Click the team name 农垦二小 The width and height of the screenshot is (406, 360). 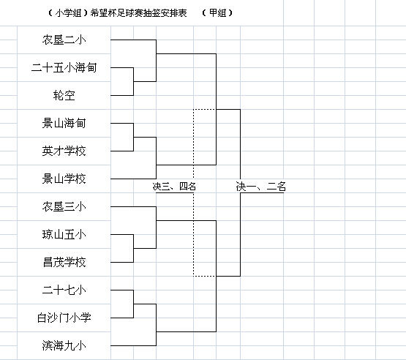point(64,40)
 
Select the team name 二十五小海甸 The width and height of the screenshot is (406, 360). point(64,67)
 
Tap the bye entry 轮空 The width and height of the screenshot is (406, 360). point(64,95)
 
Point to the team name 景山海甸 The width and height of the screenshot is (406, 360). point(64,123)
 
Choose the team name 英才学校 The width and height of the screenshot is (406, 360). point(64,151)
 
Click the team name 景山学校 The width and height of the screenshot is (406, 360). point(64,179)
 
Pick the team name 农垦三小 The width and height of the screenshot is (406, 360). point(64,206)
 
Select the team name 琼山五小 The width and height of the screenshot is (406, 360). point(64,234)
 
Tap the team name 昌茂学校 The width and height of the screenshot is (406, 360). point(64,262)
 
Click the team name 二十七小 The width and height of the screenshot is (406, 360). point(64,290)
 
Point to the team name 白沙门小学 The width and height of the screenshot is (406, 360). point(64,318)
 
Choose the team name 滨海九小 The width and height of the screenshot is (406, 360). point(64,345)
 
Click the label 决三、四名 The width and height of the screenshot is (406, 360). point(174,186)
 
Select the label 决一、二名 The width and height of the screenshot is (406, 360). point(261,186)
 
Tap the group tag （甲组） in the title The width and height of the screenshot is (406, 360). point(217,12)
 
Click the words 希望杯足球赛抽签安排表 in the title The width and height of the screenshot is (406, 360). point(138,12)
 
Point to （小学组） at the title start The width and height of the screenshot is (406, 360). point(68,12)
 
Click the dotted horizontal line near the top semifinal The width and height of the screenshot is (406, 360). point(205,109)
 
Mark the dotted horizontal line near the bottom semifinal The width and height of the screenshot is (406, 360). point(205,276)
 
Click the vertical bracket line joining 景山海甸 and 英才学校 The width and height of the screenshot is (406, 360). point(133,137)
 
